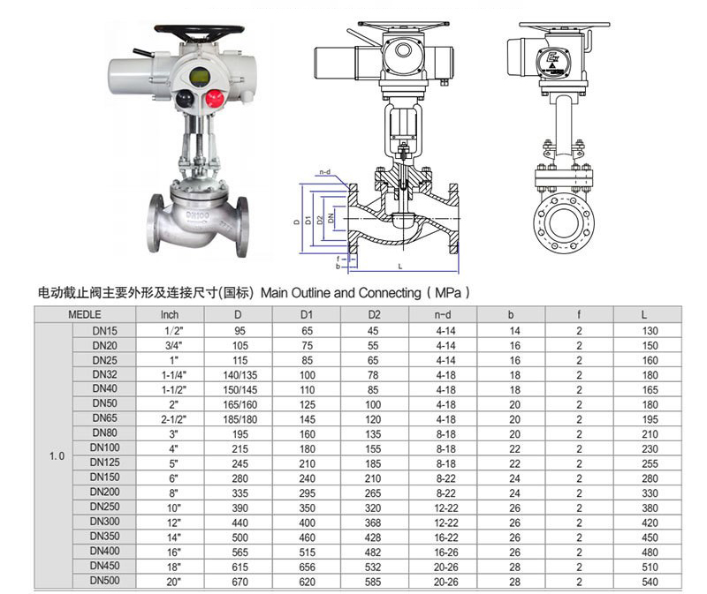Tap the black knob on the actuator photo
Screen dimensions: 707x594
click(x=184, y=99)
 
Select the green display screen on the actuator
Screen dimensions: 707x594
click(x=200, y=76)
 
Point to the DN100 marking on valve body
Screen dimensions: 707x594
click(x=197, y=215)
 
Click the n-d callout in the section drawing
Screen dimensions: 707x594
click(x=324, y=171)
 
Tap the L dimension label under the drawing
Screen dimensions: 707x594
click(x=400, y=267)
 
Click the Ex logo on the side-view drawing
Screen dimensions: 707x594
click(x=552, y=59)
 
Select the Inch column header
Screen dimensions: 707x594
click(x=170, y=314)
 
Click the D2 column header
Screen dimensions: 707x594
click(x=374, y=314)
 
